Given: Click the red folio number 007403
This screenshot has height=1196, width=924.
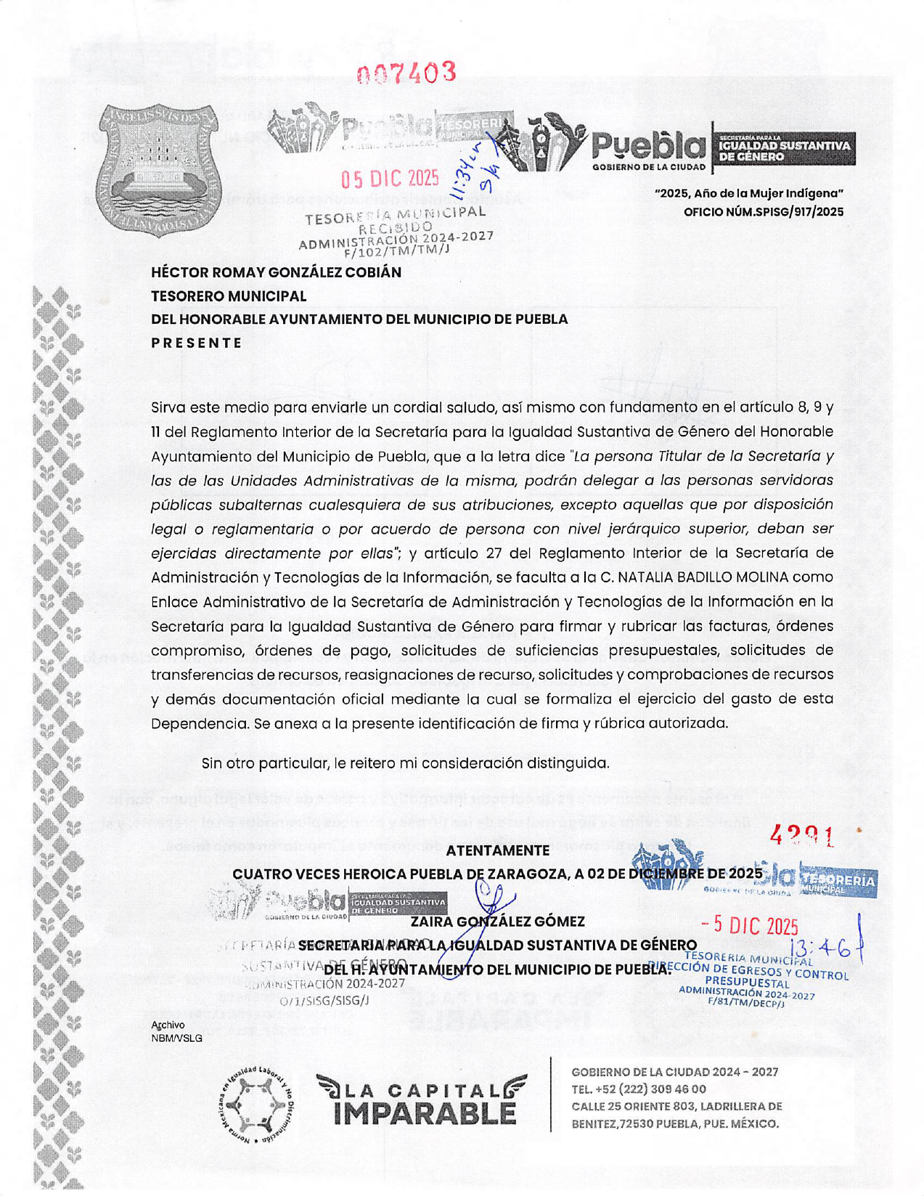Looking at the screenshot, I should pos(406,73).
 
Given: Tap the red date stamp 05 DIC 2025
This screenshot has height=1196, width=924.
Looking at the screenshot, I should pos(390,179).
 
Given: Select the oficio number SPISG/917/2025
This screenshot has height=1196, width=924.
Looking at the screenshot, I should pos(764,212).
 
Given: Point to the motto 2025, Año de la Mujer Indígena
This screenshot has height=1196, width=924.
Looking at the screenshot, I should pos(749,193).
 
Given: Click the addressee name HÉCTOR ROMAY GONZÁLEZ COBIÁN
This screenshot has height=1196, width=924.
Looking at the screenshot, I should pos(276,272).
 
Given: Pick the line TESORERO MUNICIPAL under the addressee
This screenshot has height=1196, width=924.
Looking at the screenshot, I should pos(229,296).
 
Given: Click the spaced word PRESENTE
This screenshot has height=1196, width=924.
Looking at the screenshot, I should pos(196,343).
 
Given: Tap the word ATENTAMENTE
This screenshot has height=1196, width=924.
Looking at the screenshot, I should pos(497,850).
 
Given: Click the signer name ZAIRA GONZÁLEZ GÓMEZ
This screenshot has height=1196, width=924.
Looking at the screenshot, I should pos(497,922).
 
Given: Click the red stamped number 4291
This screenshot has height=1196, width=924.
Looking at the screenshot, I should pos(801,837).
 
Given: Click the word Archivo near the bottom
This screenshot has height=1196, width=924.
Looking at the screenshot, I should pos(168,1025).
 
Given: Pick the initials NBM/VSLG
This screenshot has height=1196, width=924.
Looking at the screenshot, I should pos(176,1038).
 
